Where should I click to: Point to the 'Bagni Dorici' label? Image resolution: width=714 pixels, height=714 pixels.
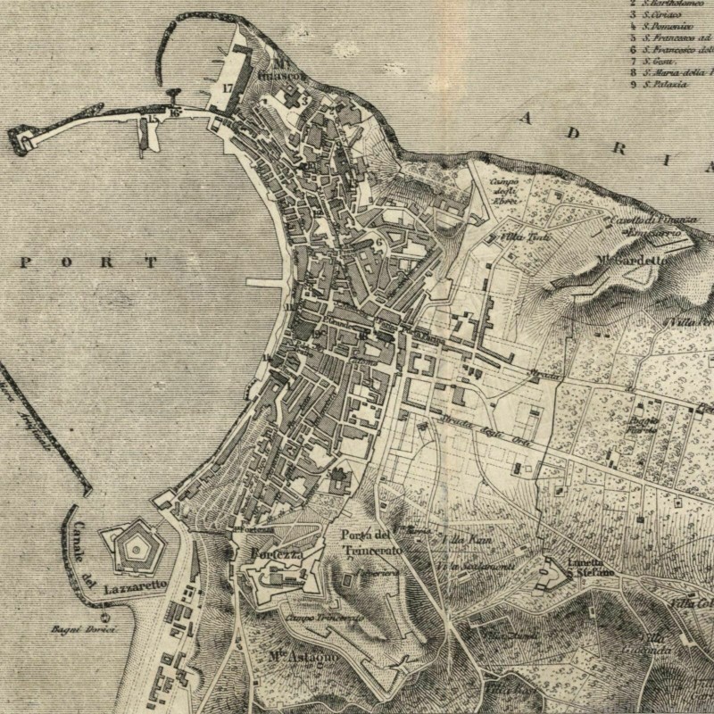coord(105,628)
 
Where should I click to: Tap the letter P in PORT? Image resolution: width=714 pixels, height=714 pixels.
coord(27,262)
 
